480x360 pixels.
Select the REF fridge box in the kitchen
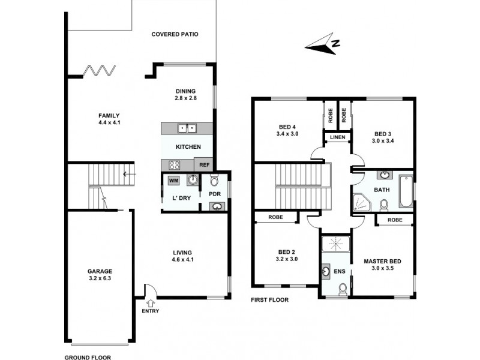pos(204,165)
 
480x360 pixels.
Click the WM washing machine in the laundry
pos(173,180)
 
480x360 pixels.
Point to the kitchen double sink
pos(187,128)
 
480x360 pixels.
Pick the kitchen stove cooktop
pos(175,165)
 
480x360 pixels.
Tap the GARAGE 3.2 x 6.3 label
pos(100,274)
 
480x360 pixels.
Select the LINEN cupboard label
pos(337,139)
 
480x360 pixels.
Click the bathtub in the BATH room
pos(406,191)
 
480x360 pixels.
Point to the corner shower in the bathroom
pos(361,202)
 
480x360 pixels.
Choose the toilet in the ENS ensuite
pos(342,290)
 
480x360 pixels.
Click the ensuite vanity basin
pos(325,271)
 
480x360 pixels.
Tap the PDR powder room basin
pos(216,206)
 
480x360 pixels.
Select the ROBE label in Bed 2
pos(275,217)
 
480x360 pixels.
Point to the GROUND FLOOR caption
pos(88,356)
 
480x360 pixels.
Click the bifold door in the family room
pos(98,71)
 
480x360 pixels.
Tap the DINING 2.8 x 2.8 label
pos(186,95)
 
